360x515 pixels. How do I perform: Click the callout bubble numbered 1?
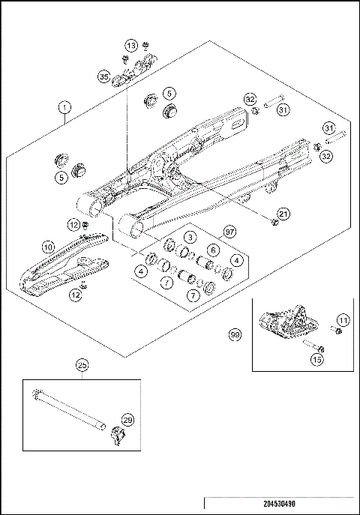66,108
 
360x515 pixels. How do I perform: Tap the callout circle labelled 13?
130,46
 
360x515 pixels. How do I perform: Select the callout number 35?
103,76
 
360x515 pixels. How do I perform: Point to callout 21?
283,214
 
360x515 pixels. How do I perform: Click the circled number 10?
47,246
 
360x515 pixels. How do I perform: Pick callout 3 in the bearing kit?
191,237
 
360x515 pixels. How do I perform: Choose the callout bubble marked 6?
213,250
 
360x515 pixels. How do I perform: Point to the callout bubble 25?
82,365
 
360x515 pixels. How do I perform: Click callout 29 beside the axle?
127,421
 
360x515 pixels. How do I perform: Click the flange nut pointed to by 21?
274,221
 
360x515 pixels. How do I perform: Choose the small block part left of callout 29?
117,436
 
